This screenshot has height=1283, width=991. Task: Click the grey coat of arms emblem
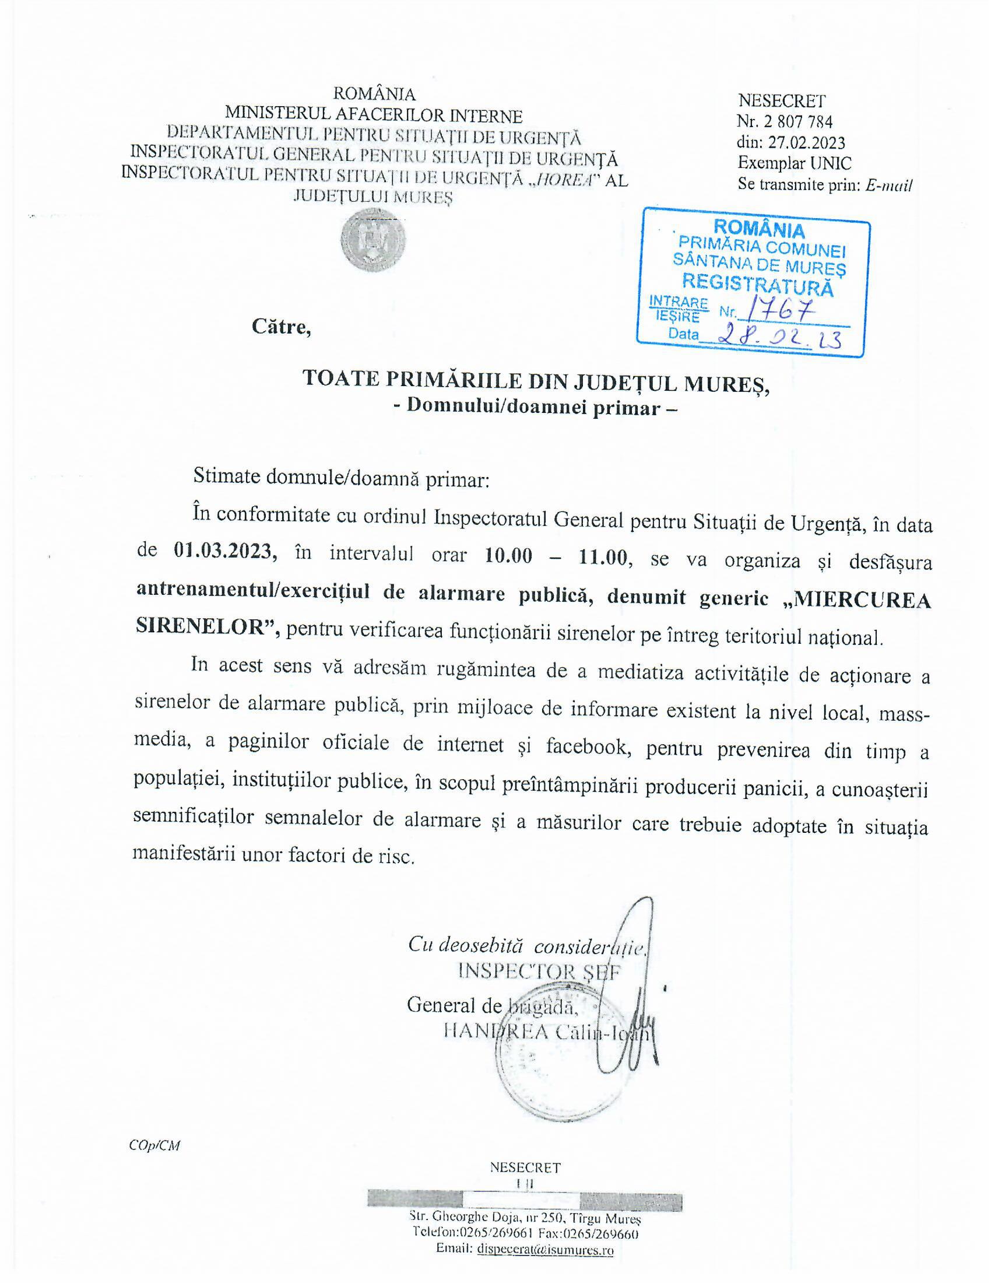(373, 241)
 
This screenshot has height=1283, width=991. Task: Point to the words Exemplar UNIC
(795, 163)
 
